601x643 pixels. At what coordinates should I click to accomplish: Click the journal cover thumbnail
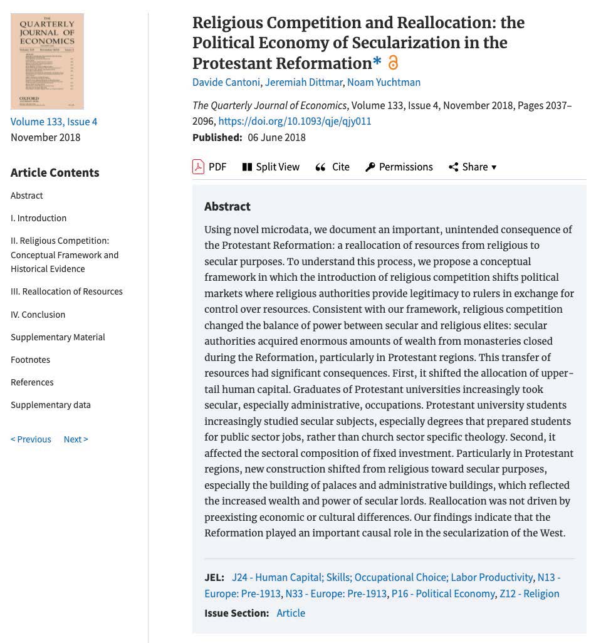47,61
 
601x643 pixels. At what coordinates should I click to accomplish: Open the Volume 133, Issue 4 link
54,122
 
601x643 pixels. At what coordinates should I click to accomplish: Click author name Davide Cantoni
226,82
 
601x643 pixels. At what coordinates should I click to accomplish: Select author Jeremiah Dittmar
303,82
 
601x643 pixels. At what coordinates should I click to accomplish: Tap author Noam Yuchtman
384,82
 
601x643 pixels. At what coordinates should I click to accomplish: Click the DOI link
295,121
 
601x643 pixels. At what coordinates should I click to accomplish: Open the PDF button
209,167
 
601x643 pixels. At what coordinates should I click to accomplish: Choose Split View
271,167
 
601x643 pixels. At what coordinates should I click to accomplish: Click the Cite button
333,167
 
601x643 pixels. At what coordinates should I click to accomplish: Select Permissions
399,167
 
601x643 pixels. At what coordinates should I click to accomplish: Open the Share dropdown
473,167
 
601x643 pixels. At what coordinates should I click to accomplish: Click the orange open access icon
393,63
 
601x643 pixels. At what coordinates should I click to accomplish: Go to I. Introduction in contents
38,218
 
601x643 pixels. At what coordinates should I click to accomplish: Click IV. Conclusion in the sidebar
38,315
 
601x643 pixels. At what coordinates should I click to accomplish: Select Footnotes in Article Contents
30,360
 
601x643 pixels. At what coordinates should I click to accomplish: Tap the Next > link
76,439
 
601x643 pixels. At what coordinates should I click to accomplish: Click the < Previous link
31,439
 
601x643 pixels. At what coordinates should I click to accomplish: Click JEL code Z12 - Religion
529,593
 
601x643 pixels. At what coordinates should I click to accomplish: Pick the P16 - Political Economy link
443,593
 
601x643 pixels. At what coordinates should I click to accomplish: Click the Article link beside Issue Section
291,613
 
